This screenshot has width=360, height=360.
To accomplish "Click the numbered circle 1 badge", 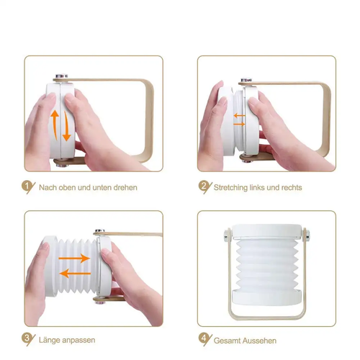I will tap(28, 186).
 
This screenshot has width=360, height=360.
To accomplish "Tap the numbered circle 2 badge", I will tap(204, 186).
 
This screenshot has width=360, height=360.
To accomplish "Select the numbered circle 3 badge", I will tap(28, 338).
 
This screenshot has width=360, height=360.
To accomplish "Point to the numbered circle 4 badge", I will tap(204, 338).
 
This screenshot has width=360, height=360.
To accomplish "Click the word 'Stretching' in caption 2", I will tap(231, 187).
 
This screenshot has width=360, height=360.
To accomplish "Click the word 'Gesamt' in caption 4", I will tap(226, 338).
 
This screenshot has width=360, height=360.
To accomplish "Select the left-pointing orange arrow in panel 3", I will tap(74, 274).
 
